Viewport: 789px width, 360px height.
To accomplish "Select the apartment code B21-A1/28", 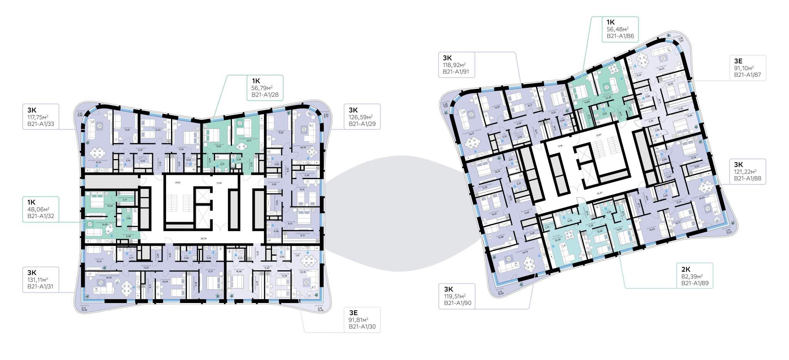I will click(x=265, y=95).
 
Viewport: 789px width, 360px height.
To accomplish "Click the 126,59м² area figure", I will click(x=361, y=117).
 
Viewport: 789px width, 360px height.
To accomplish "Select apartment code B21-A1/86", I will click(x=620, y=36).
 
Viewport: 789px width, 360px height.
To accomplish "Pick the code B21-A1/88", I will click(x=747, y=178).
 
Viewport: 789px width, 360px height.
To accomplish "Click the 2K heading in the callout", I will click(x=685, y=269).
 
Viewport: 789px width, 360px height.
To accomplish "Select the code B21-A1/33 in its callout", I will click(x=38, y=124).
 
